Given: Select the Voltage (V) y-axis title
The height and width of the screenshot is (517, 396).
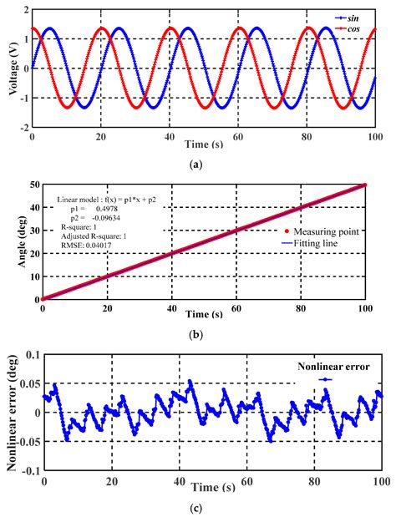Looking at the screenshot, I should [10, 68].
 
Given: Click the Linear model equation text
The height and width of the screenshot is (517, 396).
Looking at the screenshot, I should [105, 200].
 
